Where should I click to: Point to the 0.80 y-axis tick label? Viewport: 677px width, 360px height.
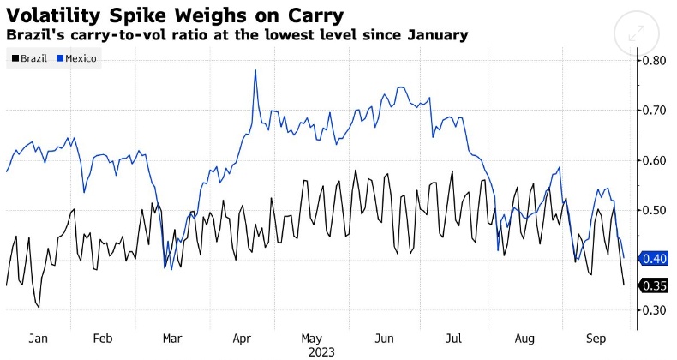click(655, 61)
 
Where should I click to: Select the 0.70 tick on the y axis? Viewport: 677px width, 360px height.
click(655, 111)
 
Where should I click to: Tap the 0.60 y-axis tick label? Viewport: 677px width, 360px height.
click(655, 160)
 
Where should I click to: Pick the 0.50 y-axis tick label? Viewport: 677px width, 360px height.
click(655, 210)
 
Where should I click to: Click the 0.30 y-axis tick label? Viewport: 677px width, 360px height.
click(655, 309)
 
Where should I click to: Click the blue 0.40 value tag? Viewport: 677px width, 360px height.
click(655, 259)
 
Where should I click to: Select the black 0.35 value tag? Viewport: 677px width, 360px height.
click(655, 285)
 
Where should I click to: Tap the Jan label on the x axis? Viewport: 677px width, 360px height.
click(39, 339)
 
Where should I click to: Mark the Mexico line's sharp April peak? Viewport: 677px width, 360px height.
click(255, 70)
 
